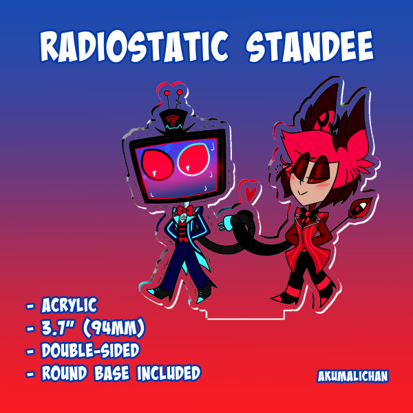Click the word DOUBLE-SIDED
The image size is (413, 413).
92,350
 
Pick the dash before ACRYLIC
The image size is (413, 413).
31,306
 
